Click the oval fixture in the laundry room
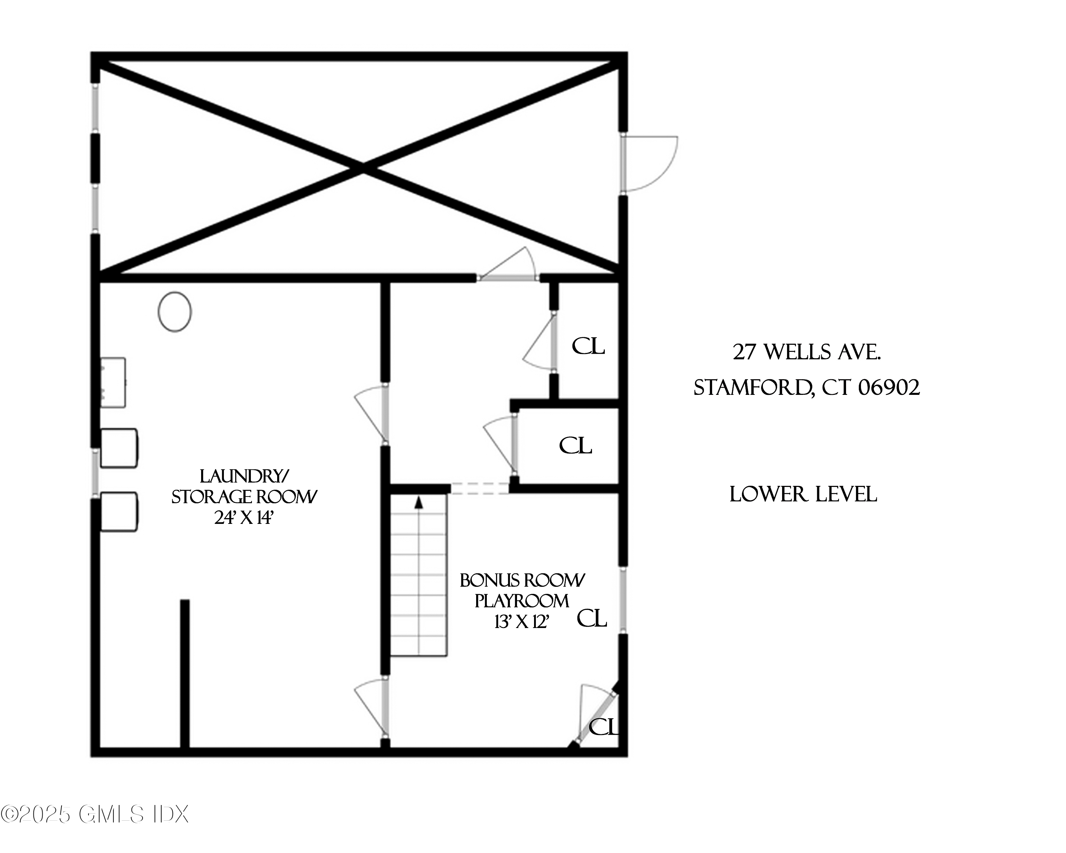pyautogui.click(x=174, y=312)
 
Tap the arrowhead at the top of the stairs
pyautogui.click(x=419, y=503)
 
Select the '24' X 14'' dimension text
pyautogui.click(x=244, y=518)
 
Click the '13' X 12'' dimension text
pyautogui.click(x=522, y=622)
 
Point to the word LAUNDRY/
pyautogui.click(x=244, y=476)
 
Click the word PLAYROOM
pyautogui.click(x=522, y=601)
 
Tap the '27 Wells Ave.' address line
pyautogui.click(x=806, y=352)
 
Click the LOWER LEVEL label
pyautogui.click(x=803, y=494)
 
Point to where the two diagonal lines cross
pyautogui.click(x=364, y=168)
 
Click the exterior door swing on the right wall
pyautogui.click(x=650, y=163)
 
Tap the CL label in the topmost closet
pyautogui.click(x=588, y=346)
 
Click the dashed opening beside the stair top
pyautogui.click(x=480, y=489)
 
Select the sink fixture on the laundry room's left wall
pyautogui.click(x=113, y=383)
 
